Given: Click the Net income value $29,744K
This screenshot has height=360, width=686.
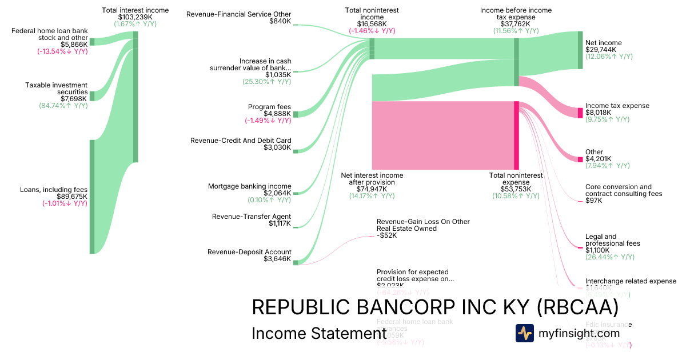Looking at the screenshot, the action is (x=601, y=50).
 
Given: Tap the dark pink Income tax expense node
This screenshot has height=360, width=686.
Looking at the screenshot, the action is (x=580, y=112).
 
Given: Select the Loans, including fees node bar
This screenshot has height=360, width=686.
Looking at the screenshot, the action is (x=91, y=196).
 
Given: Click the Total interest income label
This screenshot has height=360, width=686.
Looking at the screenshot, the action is (x=135, y=10).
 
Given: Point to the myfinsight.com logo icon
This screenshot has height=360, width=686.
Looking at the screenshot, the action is (x=524, y=333).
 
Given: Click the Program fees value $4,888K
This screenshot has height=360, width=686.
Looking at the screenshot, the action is (x=278, y=114).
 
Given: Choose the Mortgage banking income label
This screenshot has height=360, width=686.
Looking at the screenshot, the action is (x=249, y=186).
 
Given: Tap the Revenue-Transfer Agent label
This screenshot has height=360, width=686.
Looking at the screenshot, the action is (x=252, y=217).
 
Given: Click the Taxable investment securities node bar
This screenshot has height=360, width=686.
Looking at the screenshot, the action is (x=91, y=95).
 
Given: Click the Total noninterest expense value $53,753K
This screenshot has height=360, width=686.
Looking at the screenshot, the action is (x=516, y=189).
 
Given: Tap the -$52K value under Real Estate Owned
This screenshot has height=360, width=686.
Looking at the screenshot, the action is (x=387, y=235).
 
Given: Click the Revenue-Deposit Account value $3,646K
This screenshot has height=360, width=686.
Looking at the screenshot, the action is (x=278, y=259).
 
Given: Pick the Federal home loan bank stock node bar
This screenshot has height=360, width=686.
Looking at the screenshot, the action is (x=91, y=42).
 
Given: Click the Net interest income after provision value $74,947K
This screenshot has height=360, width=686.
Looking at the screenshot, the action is (x=372, y=189).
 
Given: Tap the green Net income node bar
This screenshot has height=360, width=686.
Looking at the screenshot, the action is (x=580, y=50).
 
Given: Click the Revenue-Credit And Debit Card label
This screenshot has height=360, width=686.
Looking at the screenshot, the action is (x=241, y=141).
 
